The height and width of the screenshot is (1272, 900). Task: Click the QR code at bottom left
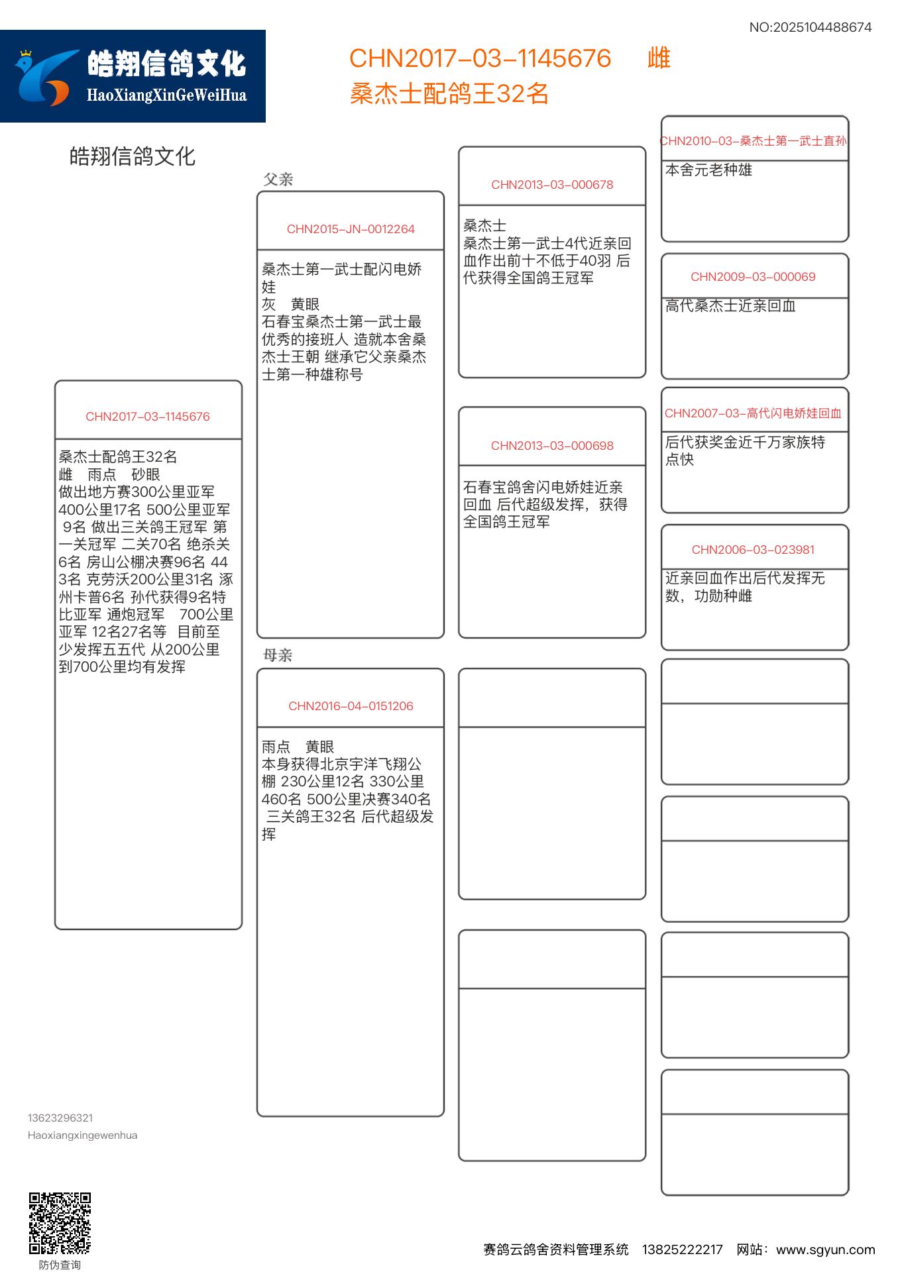[x=60, y=1223]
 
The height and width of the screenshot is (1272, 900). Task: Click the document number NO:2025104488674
[x=810, y=27]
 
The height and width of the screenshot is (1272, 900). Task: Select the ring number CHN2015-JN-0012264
[x=351, y=229]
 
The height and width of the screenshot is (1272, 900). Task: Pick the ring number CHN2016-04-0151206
[x=351, y=706]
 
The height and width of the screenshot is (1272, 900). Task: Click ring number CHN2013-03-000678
[x=552, y=185]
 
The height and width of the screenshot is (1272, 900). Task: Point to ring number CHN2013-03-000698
[x=552, y=446]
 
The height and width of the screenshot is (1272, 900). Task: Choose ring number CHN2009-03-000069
[x=753, y=277]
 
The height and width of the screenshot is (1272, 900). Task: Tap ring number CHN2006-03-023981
[x=753, y=550]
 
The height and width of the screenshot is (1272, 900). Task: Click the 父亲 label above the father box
[x=278, y=180]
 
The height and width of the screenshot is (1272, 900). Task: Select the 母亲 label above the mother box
[x=278, y=655]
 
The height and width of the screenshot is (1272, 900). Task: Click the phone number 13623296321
[x=60, y=1118]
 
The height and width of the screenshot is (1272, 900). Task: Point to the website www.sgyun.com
[x=825, y=1249]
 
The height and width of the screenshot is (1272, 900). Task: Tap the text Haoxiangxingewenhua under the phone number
[x=83, y=1135]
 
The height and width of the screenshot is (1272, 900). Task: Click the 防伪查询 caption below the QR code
[x=60, y=1265]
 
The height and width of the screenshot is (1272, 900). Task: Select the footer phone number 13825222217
[x=682, y=1249]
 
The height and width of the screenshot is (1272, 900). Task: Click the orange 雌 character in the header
[x=659, y=58]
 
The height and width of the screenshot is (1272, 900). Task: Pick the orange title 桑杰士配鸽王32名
[x=449, y=93]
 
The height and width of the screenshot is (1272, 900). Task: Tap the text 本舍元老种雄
[x=708, y=170]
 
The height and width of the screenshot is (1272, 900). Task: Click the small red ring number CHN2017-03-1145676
[x=148, y=417]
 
